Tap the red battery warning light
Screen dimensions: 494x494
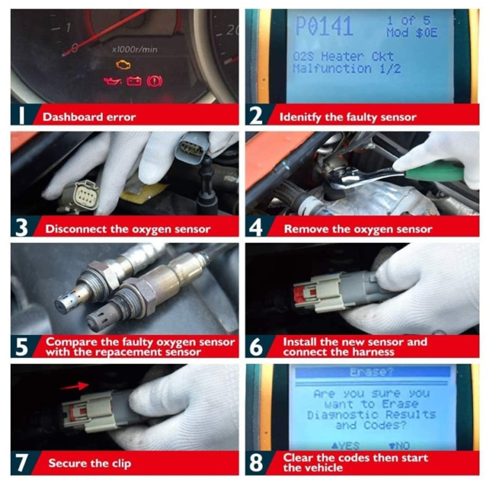(134, 81)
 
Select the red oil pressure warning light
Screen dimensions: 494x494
(112, 81)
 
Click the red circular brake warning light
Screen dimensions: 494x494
(155, 81)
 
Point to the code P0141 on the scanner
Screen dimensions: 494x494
(324, 27)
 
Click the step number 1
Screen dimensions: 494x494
(21, 117)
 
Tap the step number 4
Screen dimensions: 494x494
(256, 228)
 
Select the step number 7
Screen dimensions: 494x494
(21, 463)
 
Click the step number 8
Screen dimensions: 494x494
(256, 463)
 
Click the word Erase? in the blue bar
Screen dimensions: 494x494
(372, 372)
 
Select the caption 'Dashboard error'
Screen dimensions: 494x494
(89, 117)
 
